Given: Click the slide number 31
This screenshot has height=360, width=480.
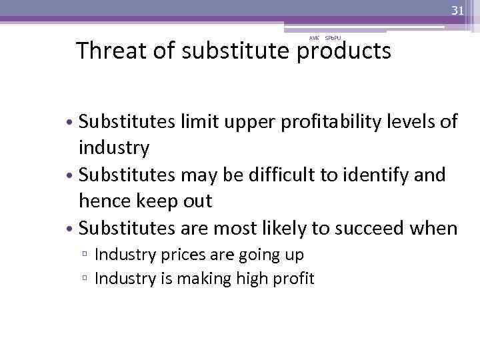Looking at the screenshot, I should tap(457, 10).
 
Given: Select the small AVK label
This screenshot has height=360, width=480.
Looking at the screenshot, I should tap(313, 38).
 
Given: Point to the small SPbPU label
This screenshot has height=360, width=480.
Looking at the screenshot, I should tap(333, 38).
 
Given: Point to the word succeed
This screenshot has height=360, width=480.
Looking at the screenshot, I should tap(364, 229).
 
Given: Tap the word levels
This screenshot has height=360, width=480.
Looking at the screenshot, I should tap(409, 121).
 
